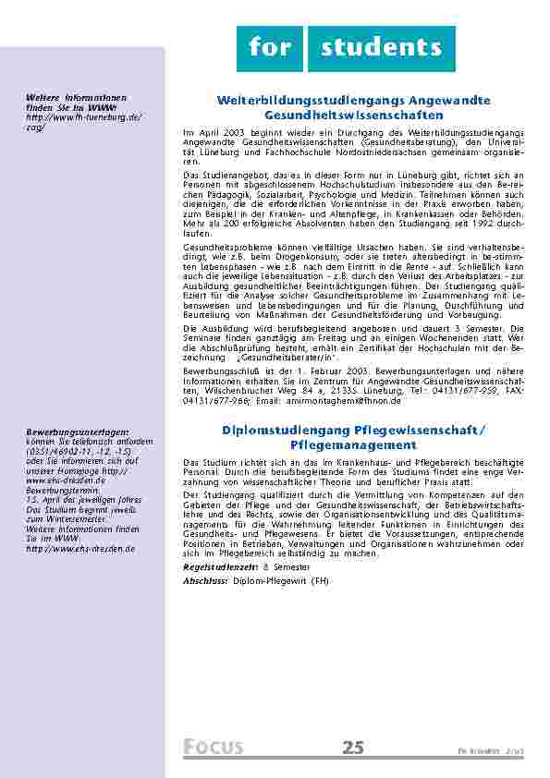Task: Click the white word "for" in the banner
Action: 269,48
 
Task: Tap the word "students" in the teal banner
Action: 382,48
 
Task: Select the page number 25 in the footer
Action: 353,748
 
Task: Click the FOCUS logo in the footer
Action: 214,748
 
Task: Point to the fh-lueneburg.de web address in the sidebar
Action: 84,118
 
